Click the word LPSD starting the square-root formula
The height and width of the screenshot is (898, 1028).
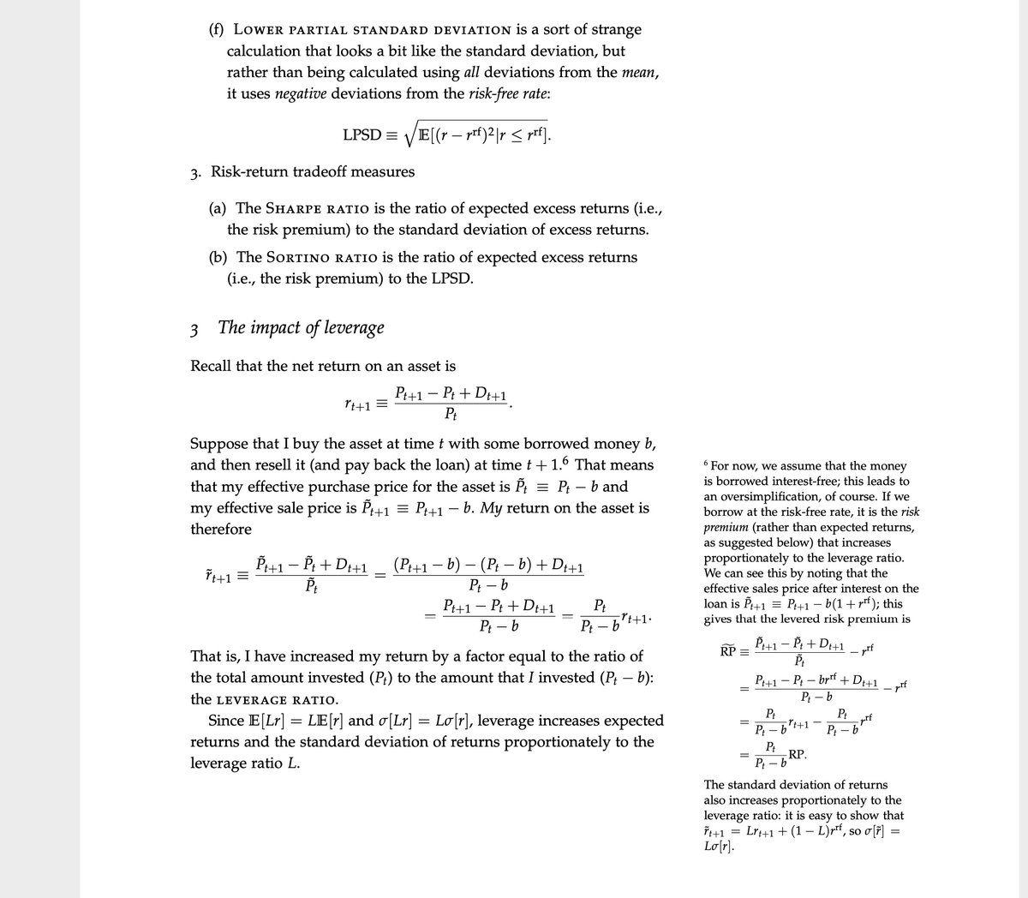pyautogui.click(x=362, y=135)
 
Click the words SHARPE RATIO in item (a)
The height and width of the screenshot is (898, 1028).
pyautogui.click(x=318, y=208)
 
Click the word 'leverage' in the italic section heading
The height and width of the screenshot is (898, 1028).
pyautogui.click(x=355, y=327)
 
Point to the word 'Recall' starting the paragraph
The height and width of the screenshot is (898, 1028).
pyautogui.click(x=211, y=366)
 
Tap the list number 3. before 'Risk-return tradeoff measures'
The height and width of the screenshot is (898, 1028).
pyautogui.click(x=196, y=172)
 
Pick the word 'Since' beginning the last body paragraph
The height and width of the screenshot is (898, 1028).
pyautogui.click(x=226, y=721)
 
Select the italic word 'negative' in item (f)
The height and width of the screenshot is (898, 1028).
pyautogui.click(x=301, y=93)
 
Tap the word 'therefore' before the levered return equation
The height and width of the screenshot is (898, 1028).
pyautogui.click(x=221, y=529)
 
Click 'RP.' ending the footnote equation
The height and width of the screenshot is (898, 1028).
pyautogui.click(x=798, y=755)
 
